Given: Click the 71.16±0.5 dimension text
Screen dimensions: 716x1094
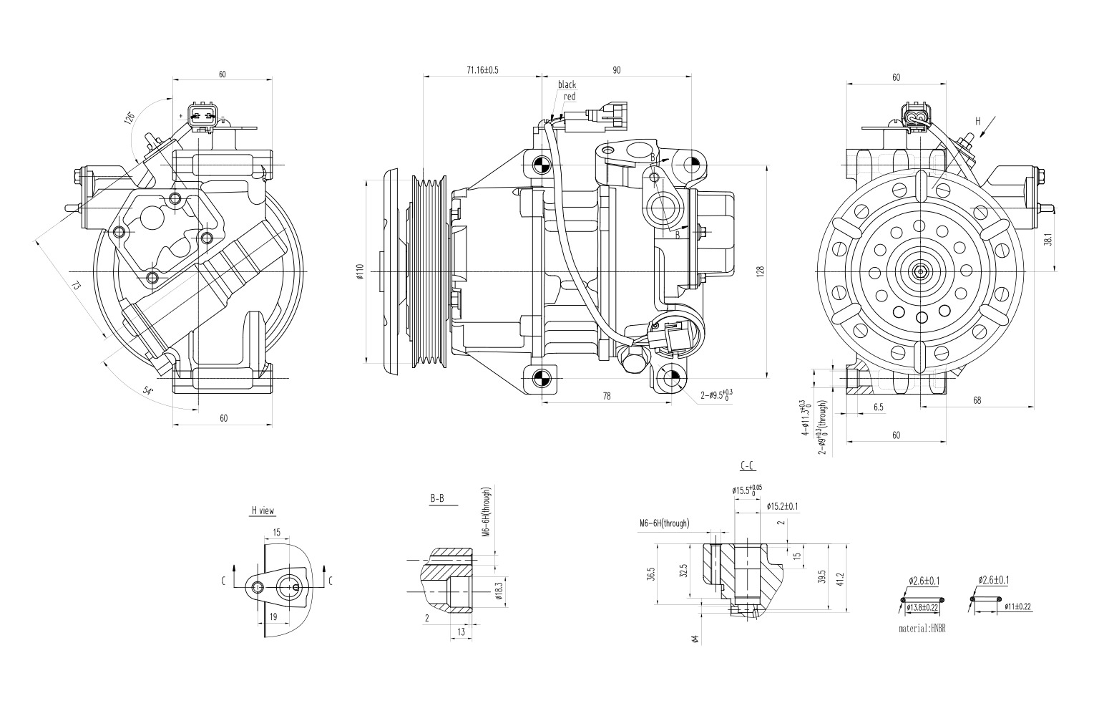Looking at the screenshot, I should (x=482, y=69).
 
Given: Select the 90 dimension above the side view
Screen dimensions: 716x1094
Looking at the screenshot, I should (x=616, y=69).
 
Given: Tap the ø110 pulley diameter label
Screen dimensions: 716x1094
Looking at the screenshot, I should (x=360, y=271).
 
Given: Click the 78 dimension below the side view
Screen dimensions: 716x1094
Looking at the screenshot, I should (x=607, y=396).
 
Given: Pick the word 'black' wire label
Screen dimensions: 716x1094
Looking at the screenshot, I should (x=567, y=84).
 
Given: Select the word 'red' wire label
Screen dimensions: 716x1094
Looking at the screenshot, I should (x=570, y=96).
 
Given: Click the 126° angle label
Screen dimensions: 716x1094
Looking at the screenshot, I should (x=130, y=117).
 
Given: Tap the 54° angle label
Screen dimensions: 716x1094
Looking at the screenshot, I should (x=148, y=391).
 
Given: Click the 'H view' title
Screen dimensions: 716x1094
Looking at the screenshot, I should (x=263, y=511).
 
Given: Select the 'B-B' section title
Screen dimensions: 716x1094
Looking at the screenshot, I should (x=436, y=498).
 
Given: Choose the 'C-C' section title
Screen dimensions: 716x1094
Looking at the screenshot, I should (x=747, y=466).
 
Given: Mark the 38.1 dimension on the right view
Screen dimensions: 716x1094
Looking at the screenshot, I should (x=1047, y=240).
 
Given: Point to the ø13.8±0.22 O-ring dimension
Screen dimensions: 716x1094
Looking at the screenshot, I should (x=922, y=607).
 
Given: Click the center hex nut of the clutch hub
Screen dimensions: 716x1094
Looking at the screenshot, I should (x=919, y=271).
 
